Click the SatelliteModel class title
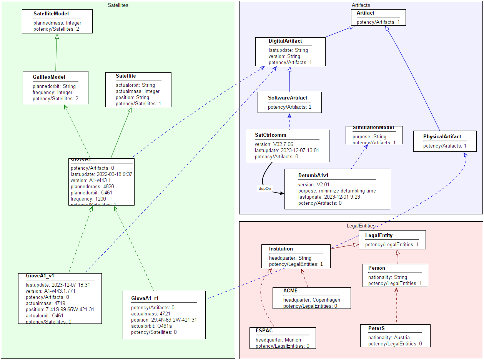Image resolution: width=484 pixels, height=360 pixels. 51,14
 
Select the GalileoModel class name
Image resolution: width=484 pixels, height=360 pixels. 49,77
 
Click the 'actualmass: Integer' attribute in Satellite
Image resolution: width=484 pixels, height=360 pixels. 138,91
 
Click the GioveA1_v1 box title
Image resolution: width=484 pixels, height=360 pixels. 37,276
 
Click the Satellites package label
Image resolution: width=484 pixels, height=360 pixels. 118,5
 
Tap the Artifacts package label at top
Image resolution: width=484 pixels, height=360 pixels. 361,5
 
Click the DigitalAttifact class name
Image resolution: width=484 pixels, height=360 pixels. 285,41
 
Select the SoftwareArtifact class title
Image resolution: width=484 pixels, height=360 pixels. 288,98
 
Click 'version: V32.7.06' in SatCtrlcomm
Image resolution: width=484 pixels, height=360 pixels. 274,144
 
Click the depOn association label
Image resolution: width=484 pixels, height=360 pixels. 265,189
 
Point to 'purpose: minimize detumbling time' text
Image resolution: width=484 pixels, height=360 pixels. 337,191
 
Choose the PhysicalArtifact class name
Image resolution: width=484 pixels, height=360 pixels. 442,137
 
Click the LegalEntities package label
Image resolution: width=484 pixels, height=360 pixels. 361,226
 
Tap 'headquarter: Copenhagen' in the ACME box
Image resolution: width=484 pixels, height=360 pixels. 312,300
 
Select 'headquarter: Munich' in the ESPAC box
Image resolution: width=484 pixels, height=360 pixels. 278,340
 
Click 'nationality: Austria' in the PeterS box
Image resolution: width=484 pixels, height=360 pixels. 389,338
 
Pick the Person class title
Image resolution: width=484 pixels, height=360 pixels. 377,268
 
